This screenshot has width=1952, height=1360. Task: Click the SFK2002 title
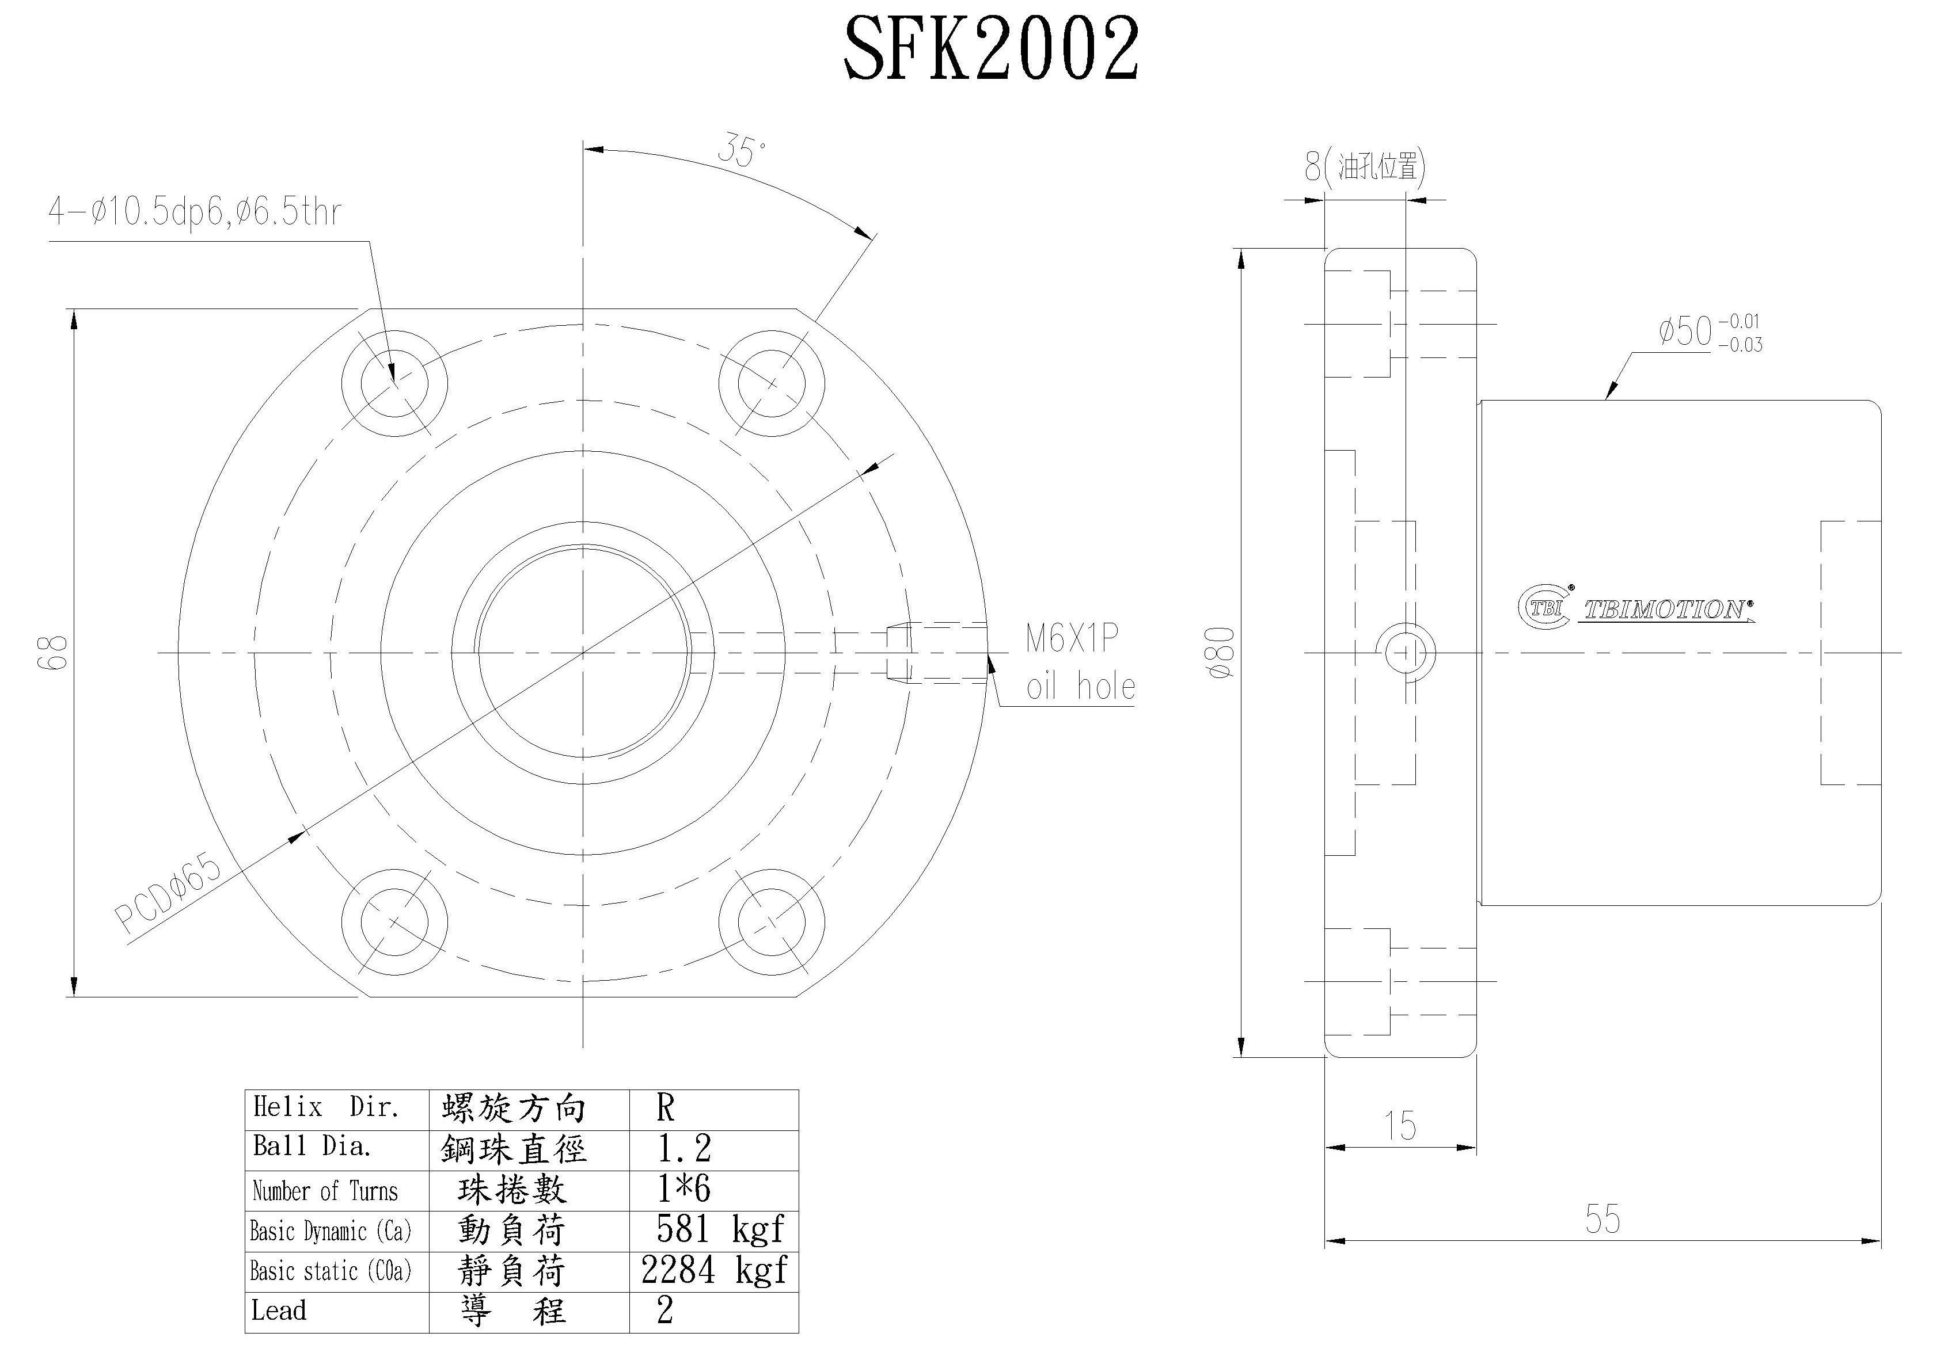[990, 51]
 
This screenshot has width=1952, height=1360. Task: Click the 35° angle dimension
[740, 151]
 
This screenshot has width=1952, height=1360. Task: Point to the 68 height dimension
[53, 652]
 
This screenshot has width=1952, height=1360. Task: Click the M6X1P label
[1071, 638]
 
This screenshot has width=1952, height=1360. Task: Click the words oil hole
[1080, 686]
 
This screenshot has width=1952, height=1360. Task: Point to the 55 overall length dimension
[1602, 1219]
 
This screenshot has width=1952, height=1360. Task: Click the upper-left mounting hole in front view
[394, 383]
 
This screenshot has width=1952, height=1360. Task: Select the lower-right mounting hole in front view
[771, 922]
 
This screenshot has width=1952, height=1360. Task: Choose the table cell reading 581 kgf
[719, 1229]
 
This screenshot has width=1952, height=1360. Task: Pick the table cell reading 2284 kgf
[714, 1270]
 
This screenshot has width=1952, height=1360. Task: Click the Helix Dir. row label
[326, 1107]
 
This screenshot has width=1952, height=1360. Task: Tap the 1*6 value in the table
[683, 1189]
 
